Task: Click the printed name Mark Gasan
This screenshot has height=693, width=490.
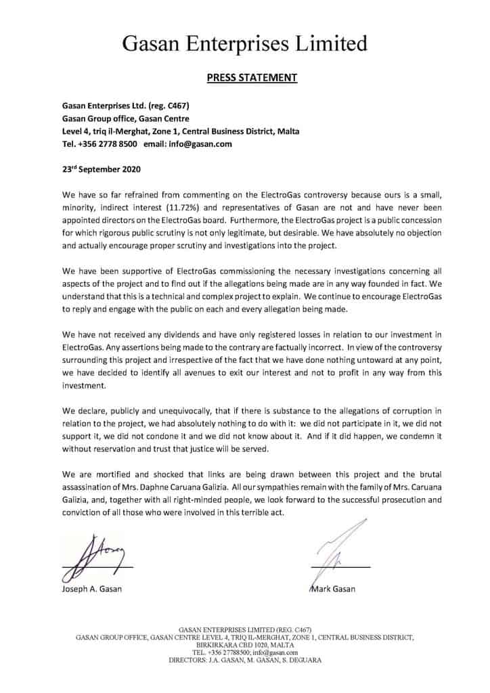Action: [x=334, y=589]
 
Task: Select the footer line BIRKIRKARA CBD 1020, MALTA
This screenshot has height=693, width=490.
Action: [x=245, y=645]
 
